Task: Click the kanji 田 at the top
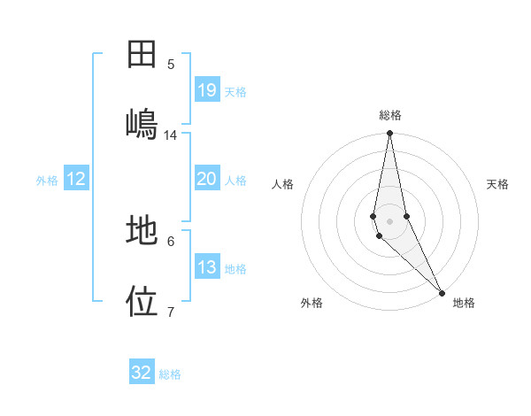pyautogui.click(x=142, y=55)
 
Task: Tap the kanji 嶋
pyautogui.click(x=142, y=123)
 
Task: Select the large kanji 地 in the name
pyautogui.click(x=142, y=231)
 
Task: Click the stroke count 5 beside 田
pyautogui.click(x=171, y=64)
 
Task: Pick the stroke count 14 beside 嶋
pyautogui.click(x=171, y=135)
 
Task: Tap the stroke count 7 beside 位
pyautogui.click(x=171, y=312)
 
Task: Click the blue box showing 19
pyautogui.click(x=206, y=90)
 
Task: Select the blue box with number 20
pyautogui.click(x=206, y=179)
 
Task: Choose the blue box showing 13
pyautogui.click(x=206, y=268)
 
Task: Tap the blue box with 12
pyautogui.click(x=76, y=179)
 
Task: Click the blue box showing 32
pyautogui.click(x=142, y=373)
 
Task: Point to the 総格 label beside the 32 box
pyautogui.click(x=170, y=374)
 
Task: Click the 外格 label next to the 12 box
pyautogui.click(x=47, y=181)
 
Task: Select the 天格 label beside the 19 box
pyautogui.click(x=235, y=92)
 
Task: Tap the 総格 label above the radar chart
pyautogui.click(x=390, y=115)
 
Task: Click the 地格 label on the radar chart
pyautogui.click(x=464, y=303)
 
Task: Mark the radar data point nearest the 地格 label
pyautogui.click(x=442, y=293)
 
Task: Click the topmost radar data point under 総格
pyautogui.click(x=389, y=135)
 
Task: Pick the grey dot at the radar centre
pyautogui.click(x=389, y=221)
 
